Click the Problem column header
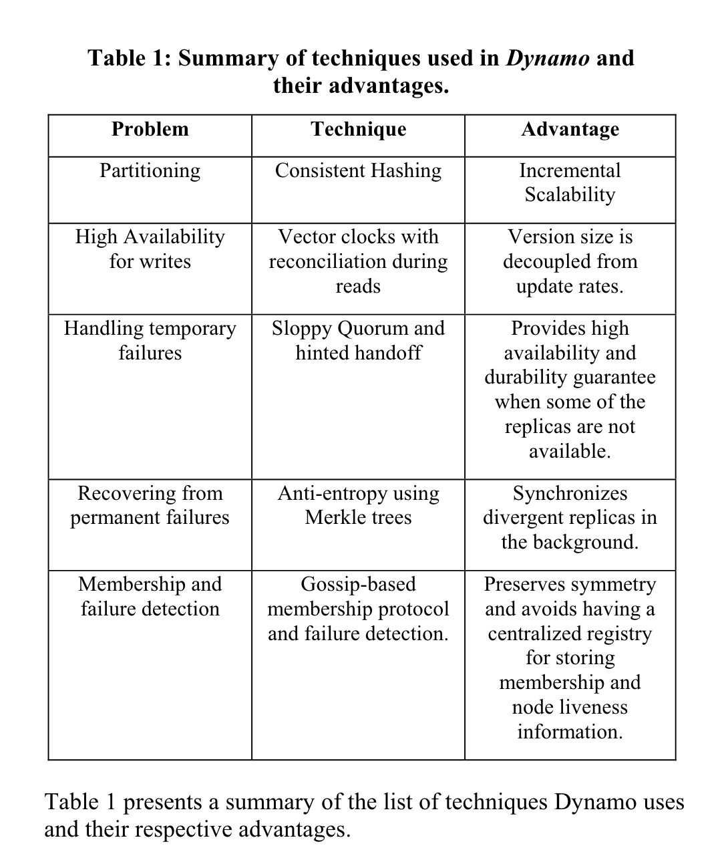(x=150, y=129)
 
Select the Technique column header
(x=358, y=129)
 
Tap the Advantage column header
(x=570, y=129)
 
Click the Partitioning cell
(x=150, y=171)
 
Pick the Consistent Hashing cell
(x=358, y=171)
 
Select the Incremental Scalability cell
(x=570, y=182)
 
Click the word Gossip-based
(x=358, y=584)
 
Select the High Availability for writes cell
(x=150, y=249)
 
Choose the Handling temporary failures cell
(x=150, y=340)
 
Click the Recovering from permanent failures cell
(x=150, y=505)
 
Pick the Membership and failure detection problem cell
(x=150, y=596)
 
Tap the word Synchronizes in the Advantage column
(x=570, y=493)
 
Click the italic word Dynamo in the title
(x=548, y=58)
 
